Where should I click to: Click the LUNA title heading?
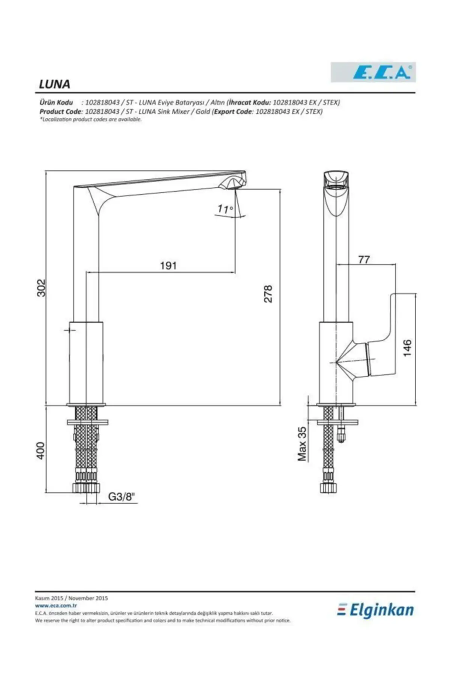pyautogui.click(x=55, y=84)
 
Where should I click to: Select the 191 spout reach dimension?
pyautogui.click(x=168, y=265)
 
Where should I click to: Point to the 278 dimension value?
pyautogui.click(x=268, y=294)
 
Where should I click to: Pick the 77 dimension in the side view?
pyautogui.click(x=364, y=259)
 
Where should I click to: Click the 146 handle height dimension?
pyautogui.click(x=407, y=348)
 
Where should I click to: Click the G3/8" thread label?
pyautogui.click(x=121, y=497)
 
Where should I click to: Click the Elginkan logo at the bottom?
pyautogui.click(x=375, y=611)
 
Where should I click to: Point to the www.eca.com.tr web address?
pyautogui.click(x=56, y=605)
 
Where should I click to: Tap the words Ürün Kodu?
pyautogui.click(x=56, y=102)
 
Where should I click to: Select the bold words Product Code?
pyautogui.click(x=60, y=112)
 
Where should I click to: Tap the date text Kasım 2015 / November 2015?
pyautogui.click(x=71, y=598)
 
